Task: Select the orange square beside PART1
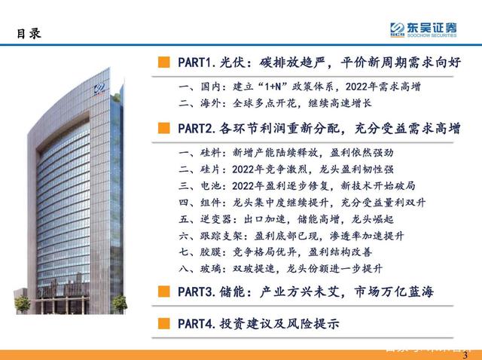tap(163, 60)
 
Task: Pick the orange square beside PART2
tap(163, 128)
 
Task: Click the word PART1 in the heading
tap(196, 60)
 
